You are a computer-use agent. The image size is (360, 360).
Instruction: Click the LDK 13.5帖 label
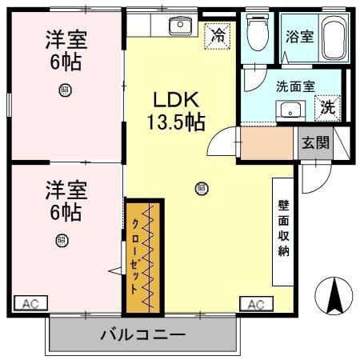(175, 110)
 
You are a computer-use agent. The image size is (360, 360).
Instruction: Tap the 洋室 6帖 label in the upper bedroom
(65, 50)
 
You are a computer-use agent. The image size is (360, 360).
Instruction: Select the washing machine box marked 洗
(328, 106)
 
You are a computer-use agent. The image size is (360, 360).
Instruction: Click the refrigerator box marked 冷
(217, 34)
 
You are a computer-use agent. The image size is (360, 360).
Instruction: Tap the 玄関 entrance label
(314, 142)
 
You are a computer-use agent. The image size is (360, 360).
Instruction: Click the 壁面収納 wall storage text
(282, 228)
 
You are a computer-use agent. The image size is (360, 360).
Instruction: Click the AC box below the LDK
(255, 303)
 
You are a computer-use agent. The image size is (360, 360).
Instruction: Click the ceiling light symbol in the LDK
(201, 189)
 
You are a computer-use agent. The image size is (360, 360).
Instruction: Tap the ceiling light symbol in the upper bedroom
(65, 90)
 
